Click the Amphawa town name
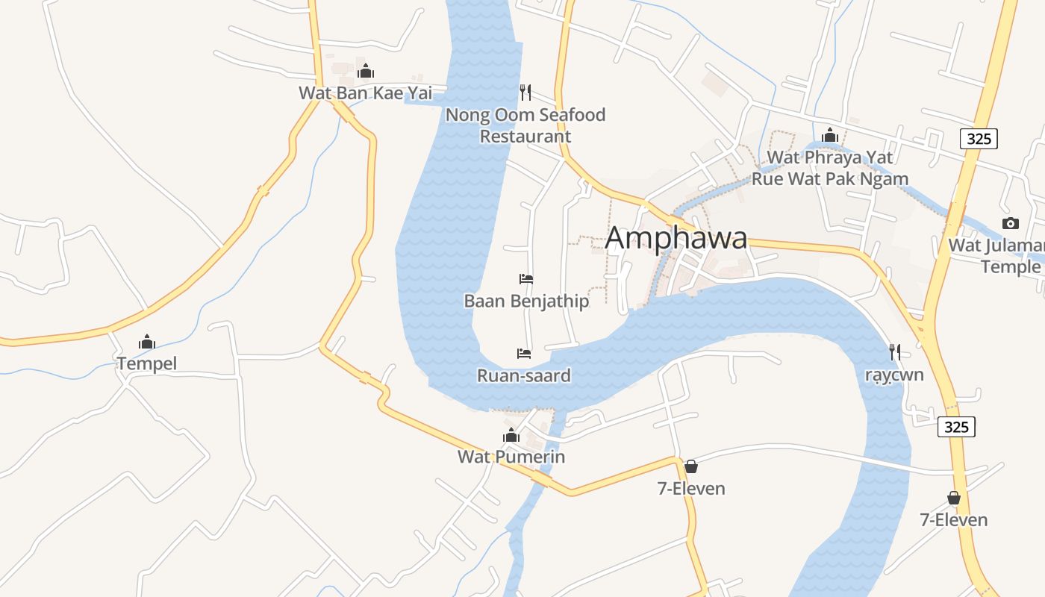(x=676, y=238)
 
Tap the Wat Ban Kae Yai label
(x=365, y=93)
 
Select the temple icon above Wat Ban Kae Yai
(x=365, y=72)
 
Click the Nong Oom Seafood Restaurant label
(x=525, y=125)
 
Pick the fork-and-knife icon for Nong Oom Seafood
(x=525, y=93)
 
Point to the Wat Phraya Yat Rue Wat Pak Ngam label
(x=829, y=168)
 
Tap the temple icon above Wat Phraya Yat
(x=829, y=135)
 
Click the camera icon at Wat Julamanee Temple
(x=1010, y=223)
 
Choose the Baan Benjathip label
(x=526, y=301)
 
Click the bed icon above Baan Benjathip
(x=526, y=279)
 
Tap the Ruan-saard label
(x=524, y=375)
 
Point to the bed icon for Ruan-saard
(x=524, y=353)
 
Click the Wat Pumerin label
(x=511, y=457)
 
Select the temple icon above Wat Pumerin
(x=511, y=435)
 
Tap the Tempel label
(x=147, y=363)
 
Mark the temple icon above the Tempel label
(x=147, y=343)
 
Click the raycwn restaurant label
(x=894, y=375)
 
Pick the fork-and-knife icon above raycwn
(x=894, y=351)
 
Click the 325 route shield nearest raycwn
(x=956, y=426)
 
